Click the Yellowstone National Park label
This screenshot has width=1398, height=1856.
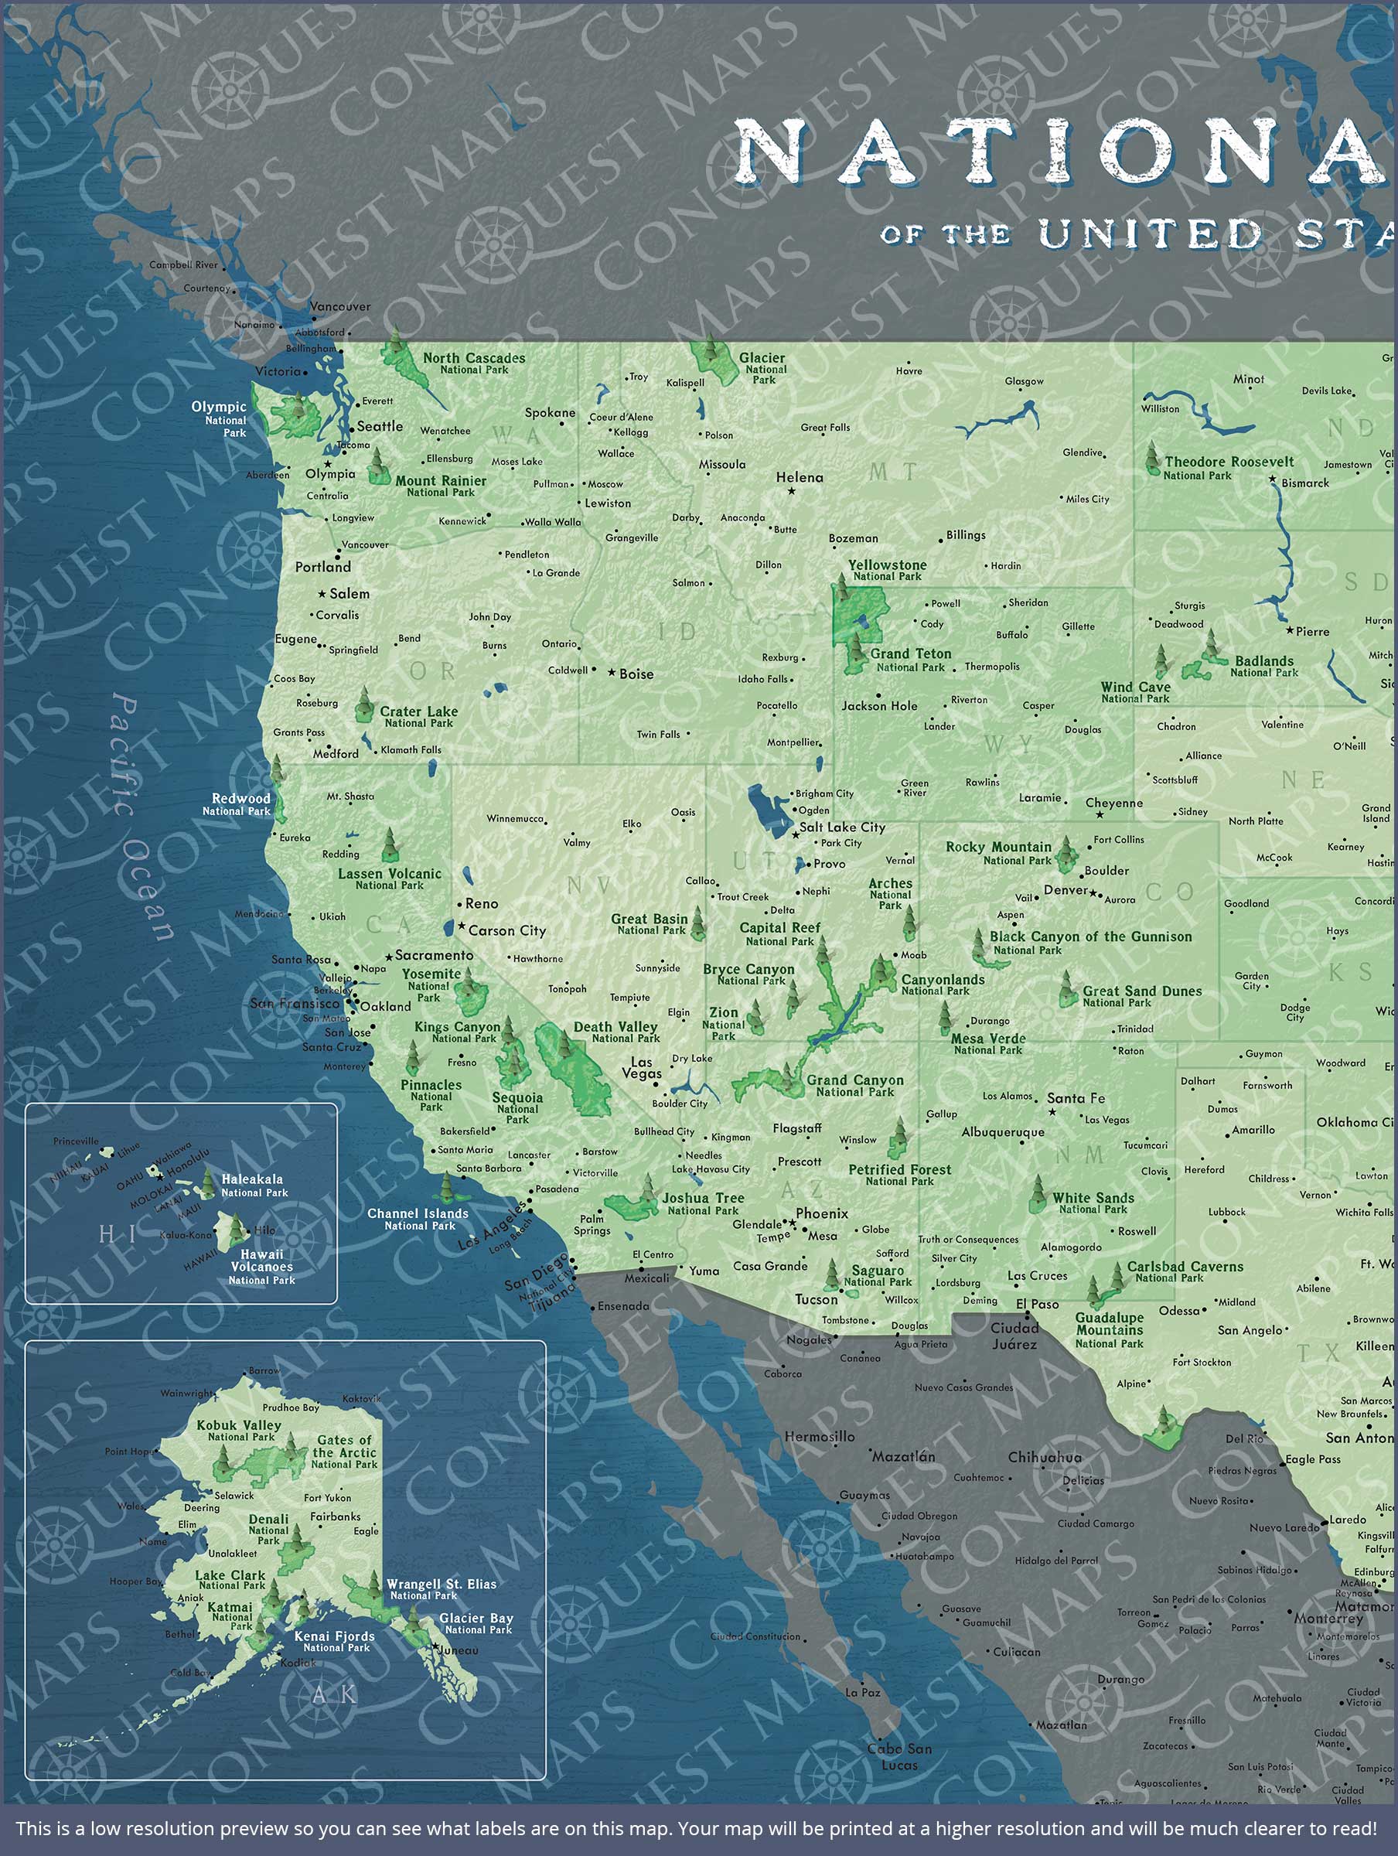[x=887, y=571]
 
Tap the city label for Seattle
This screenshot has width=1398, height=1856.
[x=380, y=426]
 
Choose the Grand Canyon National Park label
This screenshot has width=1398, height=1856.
[x=855, y=1086]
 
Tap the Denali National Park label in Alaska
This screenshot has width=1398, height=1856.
[x=268, y=1529]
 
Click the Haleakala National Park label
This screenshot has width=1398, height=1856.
[x=253, y=1185]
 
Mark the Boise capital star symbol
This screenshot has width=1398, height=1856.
[x=612, y=673]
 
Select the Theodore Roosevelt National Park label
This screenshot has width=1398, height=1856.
[x=1228, y=467]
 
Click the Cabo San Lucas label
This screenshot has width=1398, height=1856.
[x=898, y=1756]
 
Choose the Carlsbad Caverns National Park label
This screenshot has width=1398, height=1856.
[x=1184, y=1271]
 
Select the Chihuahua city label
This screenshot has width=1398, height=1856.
[x=1044, y=1458]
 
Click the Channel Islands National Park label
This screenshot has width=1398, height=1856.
[x=417, y=1218]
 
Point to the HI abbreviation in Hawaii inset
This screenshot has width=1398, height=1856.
[x=117, y=1233]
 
